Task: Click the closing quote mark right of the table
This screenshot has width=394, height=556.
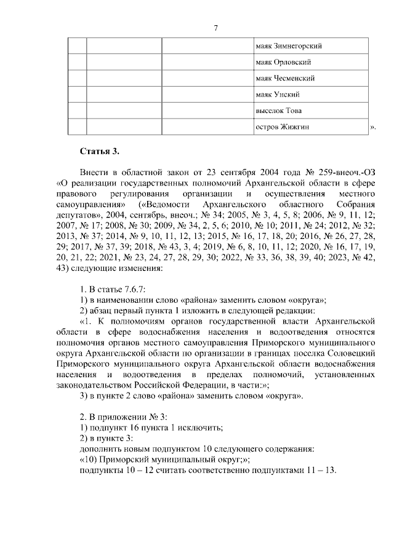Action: coord(372,128)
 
